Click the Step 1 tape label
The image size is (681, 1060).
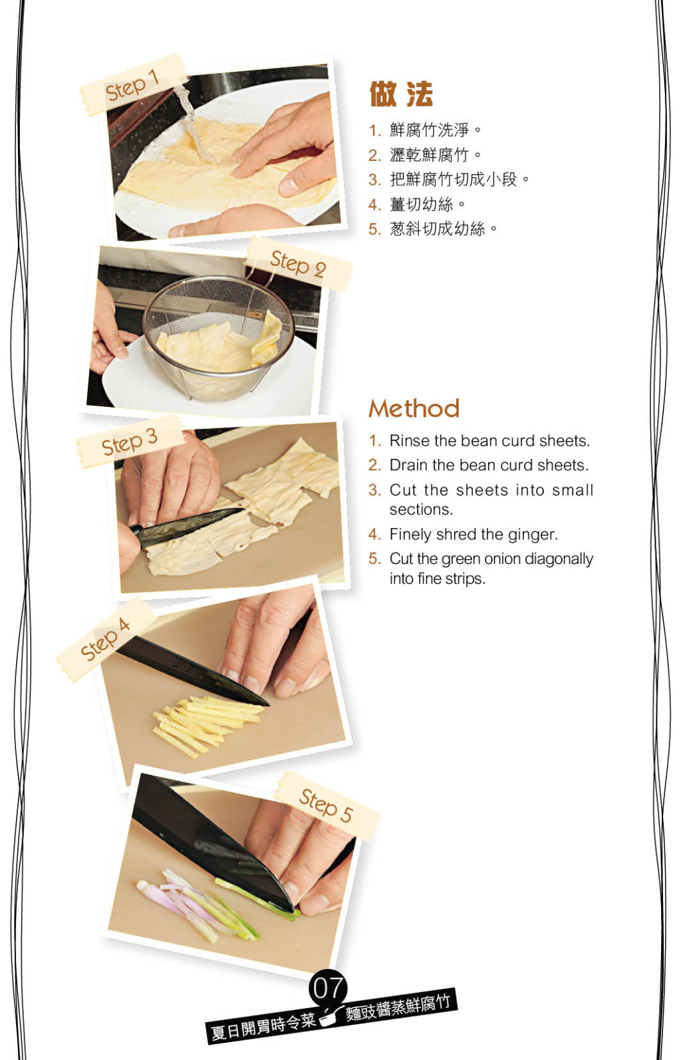133,84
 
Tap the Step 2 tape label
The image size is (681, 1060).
298,264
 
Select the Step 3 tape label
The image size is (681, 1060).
130,442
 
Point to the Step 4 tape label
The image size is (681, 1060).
106,638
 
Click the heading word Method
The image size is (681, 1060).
414,408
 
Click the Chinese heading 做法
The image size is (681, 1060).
401,94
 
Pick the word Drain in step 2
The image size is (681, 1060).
409,465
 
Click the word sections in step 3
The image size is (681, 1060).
421,509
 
